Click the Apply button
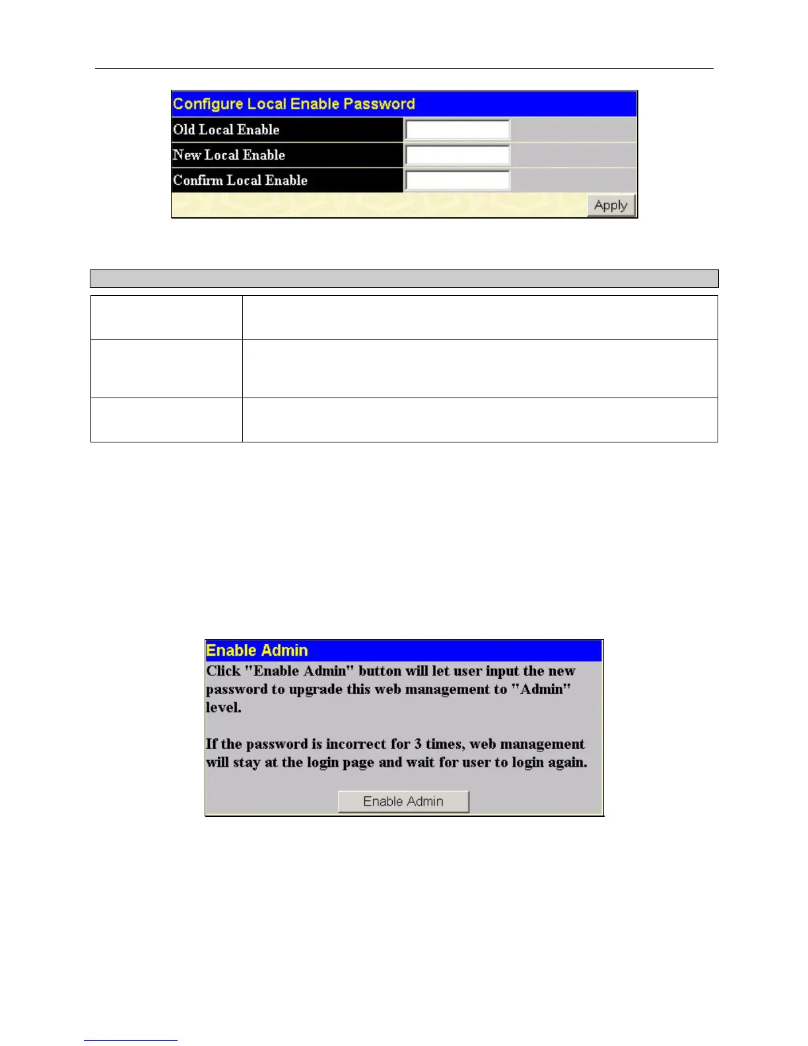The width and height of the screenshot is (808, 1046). tap(611, 205)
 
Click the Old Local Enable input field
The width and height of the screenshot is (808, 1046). tap(457, 129)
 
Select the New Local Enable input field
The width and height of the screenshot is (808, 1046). tap(457, 155)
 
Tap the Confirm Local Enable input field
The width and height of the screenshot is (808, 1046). tap(457, 180)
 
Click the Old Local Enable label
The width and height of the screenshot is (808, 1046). tap(226, 129)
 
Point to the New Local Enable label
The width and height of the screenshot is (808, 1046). tap(229, 155)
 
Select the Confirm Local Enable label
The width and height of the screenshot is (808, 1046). tap(240, 180)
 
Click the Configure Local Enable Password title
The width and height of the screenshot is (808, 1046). tap(294, 104)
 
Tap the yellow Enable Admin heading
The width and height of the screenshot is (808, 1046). tap(257, 650)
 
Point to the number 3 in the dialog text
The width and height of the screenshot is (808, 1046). tap(418, 744)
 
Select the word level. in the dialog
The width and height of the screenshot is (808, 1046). tap(224, 708)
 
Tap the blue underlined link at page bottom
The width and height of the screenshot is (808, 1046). tap(131, 1040)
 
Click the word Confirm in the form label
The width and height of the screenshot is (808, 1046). tap(198, 180)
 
